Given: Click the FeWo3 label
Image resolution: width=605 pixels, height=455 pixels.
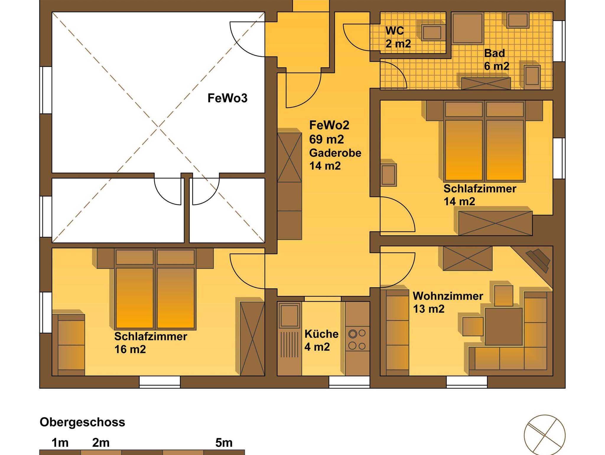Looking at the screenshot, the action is (227, 98).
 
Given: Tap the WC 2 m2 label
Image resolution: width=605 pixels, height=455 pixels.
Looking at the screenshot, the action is (398, 37).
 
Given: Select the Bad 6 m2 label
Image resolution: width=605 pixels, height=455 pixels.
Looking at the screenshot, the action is (497, 60).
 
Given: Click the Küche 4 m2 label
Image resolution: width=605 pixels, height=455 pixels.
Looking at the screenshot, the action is (321, 341).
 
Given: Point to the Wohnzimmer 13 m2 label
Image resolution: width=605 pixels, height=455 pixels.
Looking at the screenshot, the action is (448, 302).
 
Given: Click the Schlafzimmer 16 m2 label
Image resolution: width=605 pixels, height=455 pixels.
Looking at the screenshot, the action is (151, 343).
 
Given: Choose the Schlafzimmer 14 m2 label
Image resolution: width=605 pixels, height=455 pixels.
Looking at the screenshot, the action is (480, 195).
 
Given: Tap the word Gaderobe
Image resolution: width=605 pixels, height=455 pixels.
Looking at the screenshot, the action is (335, 153).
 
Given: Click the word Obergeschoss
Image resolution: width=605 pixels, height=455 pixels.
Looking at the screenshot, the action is (82, 422).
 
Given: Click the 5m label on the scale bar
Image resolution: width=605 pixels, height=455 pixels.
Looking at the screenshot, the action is (224, 443).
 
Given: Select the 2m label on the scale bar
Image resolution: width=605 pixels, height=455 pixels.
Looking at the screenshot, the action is (101, 443).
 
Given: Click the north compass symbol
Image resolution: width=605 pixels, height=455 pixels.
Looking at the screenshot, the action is (544, 435).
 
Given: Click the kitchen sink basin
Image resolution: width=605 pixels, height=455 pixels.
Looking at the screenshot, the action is (290, 316).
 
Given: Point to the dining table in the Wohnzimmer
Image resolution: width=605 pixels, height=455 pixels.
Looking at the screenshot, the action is (503, 326).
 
